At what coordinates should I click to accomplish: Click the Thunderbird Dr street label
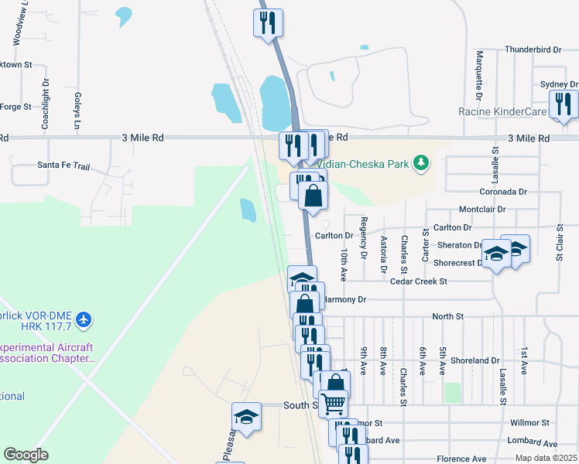click(x=533, y=49)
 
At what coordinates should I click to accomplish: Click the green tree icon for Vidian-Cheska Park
click(x=421, y=162)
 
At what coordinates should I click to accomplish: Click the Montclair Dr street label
click(x=481, y=210)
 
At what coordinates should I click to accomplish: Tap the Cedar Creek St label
click(x=419, y=281)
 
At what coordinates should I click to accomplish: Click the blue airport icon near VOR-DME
click(x=84, y=319)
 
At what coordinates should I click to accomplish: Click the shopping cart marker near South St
click(x=333, y=403)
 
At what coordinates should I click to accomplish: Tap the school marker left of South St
click(x=247, y=417)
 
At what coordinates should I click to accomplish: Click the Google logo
click(x=26, y=455)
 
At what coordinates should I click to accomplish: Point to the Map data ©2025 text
click(x=546, y=458)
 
